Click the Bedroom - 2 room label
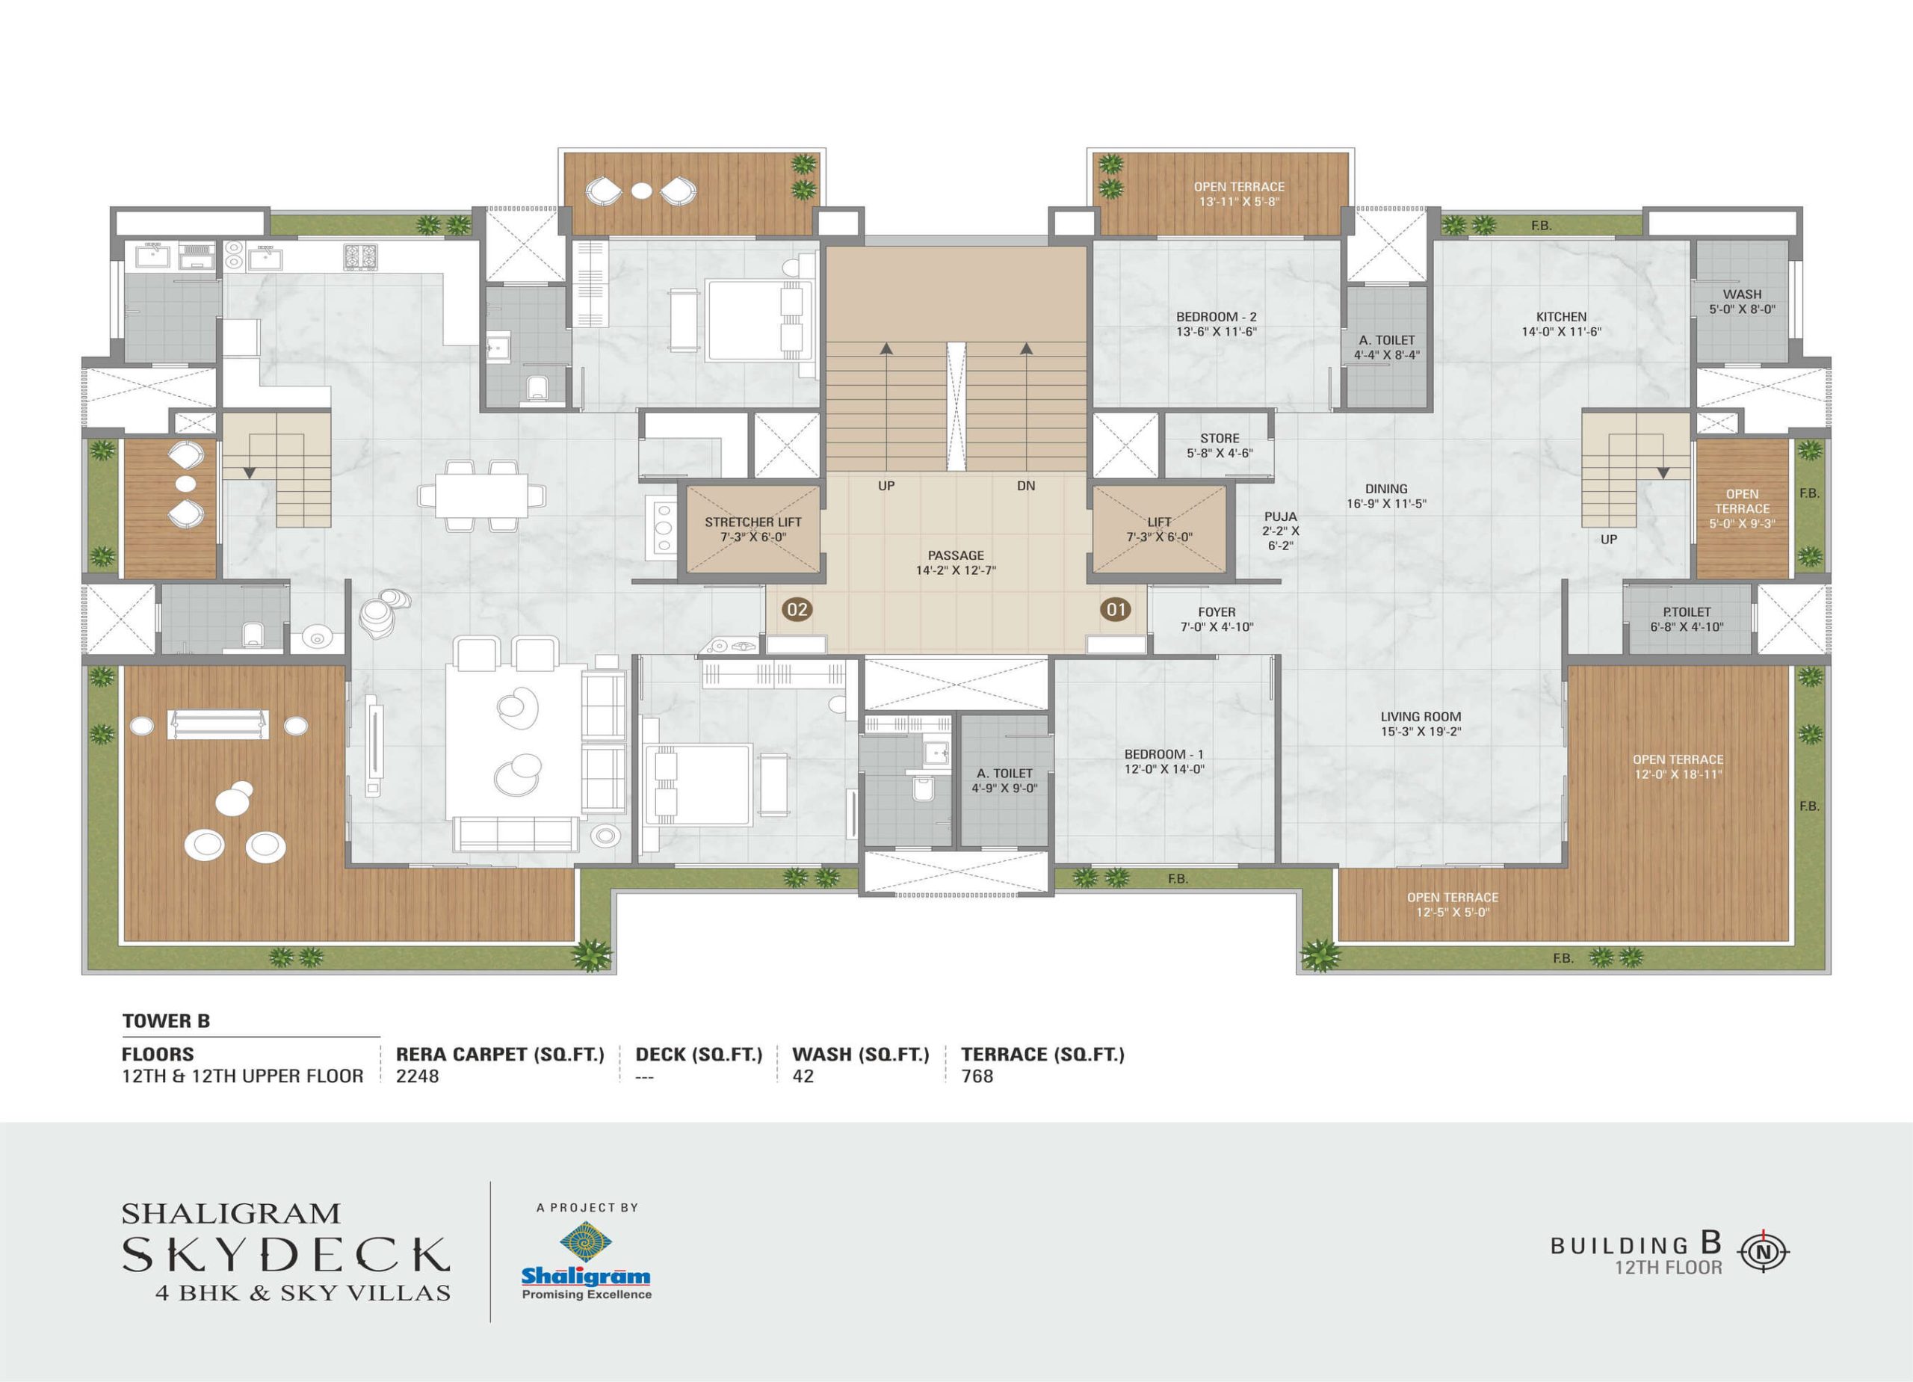(x=1217, y=324)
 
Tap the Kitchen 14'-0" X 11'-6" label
(x=1561, y=324)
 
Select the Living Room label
(x=1421, y=724)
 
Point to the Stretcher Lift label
(x=753, y=529)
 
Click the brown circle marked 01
(x=1116, y=608)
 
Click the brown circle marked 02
(x=797, y=608)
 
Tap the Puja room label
(x=1280, y=531)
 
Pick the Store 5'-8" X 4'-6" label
(x=1220, y=445)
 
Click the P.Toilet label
(x=1687, y=620)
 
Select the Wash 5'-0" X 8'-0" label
(x=1742, y=301)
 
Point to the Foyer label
(x=1217, y=620)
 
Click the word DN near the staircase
(x=1026, y=486)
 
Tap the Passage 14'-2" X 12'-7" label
(x=956, y=563)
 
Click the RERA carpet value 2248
(x=418, y=1076)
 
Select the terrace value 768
(x=977, y=1076)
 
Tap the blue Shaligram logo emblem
(x=586, y=1243)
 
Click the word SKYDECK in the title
(x=286, y=1255)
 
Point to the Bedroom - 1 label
(x=1164, y=761)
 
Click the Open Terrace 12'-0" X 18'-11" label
(x=1678, y=766)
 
